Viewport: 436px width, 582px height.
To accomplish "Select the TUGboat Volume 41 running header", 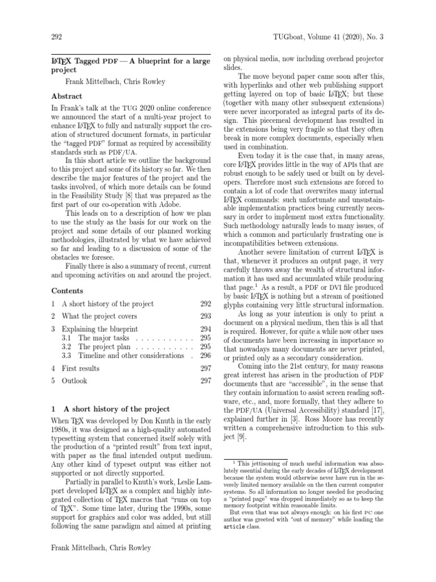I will tap(330, 38).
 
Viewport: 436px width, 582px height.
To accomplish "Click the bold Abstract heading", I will tap(67, 96).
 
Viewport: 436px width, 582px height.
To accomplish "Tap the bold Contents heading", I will tap(68, 290).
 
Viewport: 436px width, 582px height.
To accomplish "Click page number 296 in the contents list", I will tap(205, 355).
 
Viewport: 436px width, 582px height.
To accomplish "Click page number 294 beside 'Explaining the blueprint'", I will tap(205, 329).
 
